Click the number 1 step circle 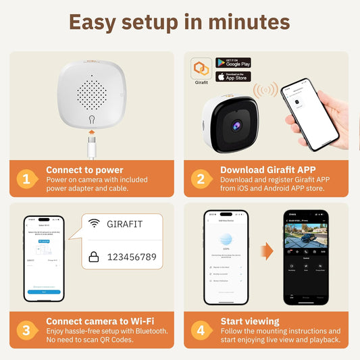pos(26,178)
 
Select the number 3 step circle pos(26,330)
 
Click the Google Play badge pos(233,62)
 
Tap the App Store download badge pos(233,76)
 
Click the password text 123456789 pos(132,257)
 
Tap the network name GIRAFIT pos(125,224)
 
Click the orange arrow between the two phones pos(267,252)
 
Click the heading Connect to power pos(84,170)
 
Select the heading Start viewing pos(249,322)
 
